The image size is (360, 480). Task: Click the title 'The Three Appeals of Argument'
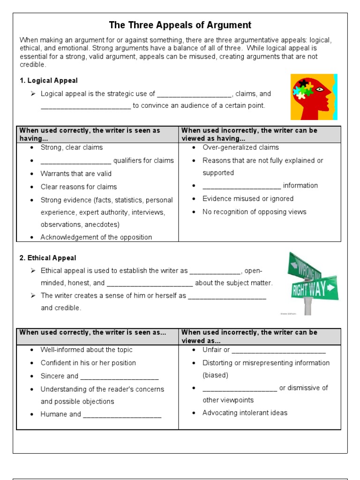tap(180, 25)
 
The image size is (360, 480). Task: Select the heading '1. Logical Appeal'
tap(49, 81)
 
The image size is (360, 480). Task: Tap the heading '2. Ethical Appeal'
tap(48, 258)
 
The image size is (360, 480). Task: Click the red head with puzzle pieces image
tap(314, 97)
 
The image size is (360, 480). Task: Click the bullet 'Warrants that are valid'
tap(75, 173)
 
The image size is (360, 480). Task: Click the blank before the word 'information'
tap(241, 186)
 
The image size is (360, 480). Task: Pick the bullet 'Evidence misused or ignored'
tap(248, 198)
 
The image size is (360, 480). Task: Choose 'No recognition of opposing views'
tap(254, 211)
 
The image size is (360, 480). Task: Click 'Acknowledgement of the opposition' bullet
tap(96, 237)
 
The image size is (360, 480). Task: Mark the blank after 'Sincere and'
tap(120, 376)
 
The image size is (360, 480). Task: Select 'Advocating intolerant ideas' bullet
tap(245, 412)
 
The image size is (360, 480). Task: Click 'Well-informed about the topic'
tap(86, 350)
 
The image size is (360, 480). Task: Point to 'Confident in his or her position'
tap(88, 363)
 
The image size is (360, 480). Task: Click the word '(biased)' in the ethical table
tap(215, 375)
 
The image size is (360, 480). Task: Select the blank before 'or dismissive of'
tap(240, 389)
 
